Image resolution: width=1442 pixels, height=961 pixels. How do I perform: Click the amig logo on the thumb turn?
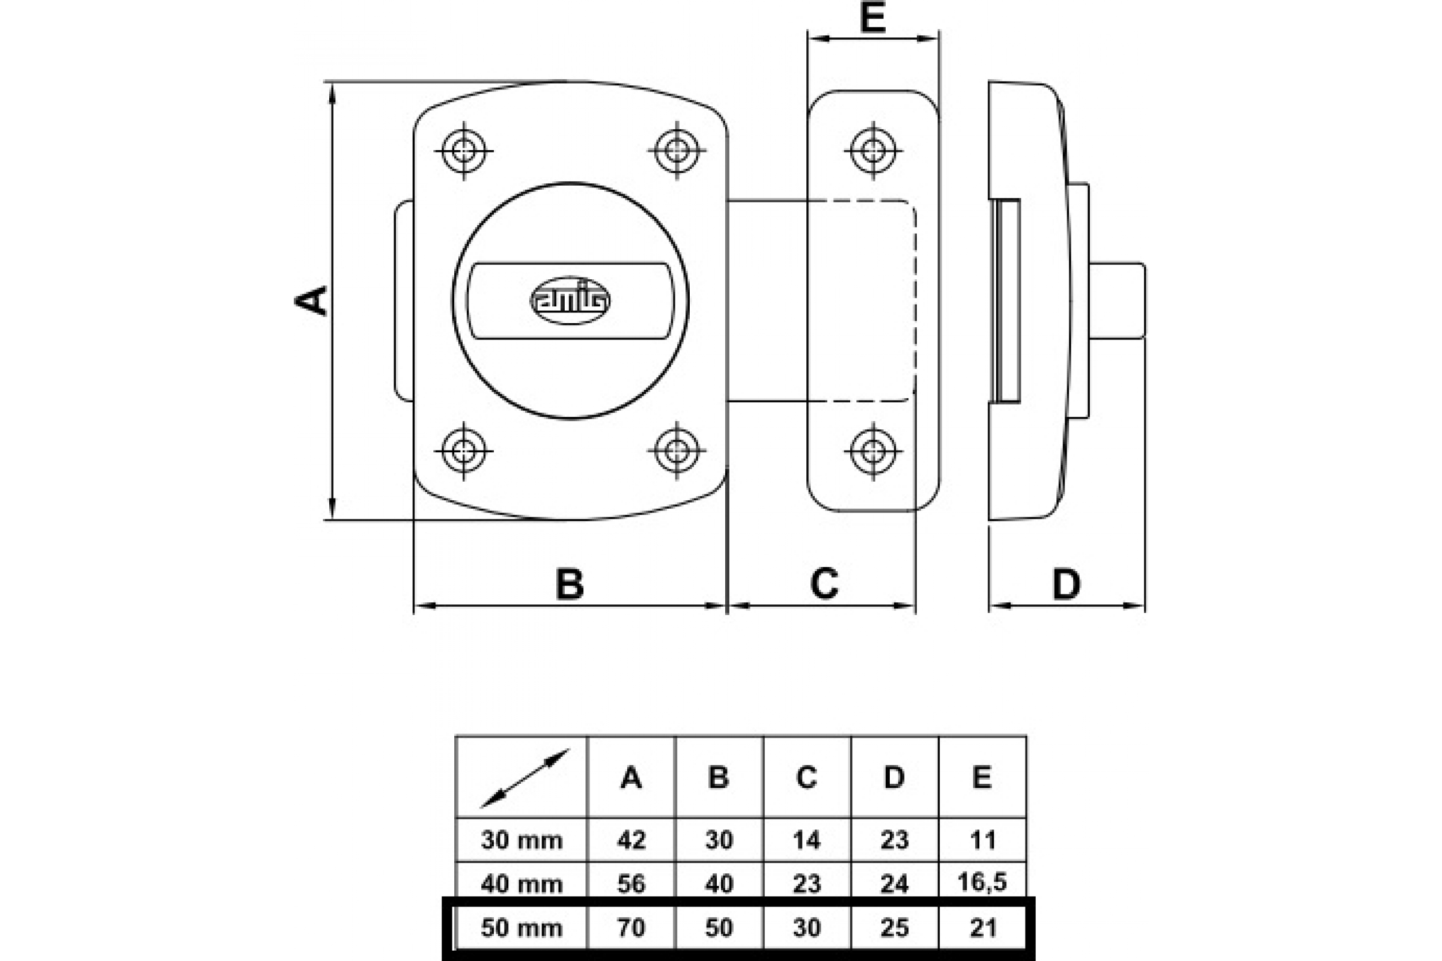(570, 300)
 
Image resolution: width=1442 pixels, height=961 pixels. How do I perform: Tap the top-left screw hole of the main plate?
(464, 150)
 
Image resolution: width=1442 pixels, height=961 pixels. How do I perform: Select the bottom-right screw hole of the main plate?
(677, 450)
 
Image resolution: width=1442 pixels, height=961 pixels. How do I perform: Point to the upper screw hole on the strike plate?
(872, 150)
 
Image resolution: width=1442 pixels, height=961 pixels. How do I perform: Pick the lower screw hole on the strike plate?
(872, 451)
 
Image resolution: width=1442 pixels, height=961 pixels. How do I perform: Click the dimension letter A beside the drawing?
(311, 300)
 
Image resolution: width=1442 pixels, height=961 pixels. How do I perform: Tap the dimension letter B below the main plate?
(570, 584)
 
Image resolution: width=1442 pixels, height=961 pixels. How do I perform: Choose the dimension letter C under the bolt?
(824, 584)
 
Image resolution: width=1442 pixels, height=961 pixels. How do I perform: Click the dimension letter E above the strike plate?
(872, 18)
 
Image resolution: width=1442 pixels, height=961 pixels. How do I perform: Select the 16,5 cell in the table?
(982, 881)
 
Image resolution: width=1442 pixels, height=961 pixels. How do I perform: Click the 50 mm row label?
(522, 929)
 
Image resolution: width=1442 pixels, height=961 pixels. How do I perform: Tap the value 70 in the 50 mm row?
(631, 929)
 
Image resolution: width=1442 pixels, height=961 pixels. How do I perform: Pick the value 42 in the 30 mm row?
(631, 840)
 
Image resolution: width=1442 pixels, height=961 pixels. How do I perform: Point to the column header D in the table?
(894, 777)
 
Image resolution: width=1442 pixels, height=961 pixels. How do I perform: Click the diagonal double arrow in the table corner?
(525, 778)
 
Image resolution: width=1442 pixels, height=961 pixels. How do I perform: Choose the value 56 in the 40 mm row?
(631, 884)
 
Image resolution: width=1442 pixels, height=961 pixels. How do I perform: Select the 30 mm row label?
(522, 840)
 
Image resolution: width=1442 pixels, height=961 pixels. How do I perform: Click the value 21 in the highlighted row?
(983, 929)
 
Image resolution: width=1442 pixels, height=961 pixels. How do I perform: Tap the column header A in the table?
(631, 777)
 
